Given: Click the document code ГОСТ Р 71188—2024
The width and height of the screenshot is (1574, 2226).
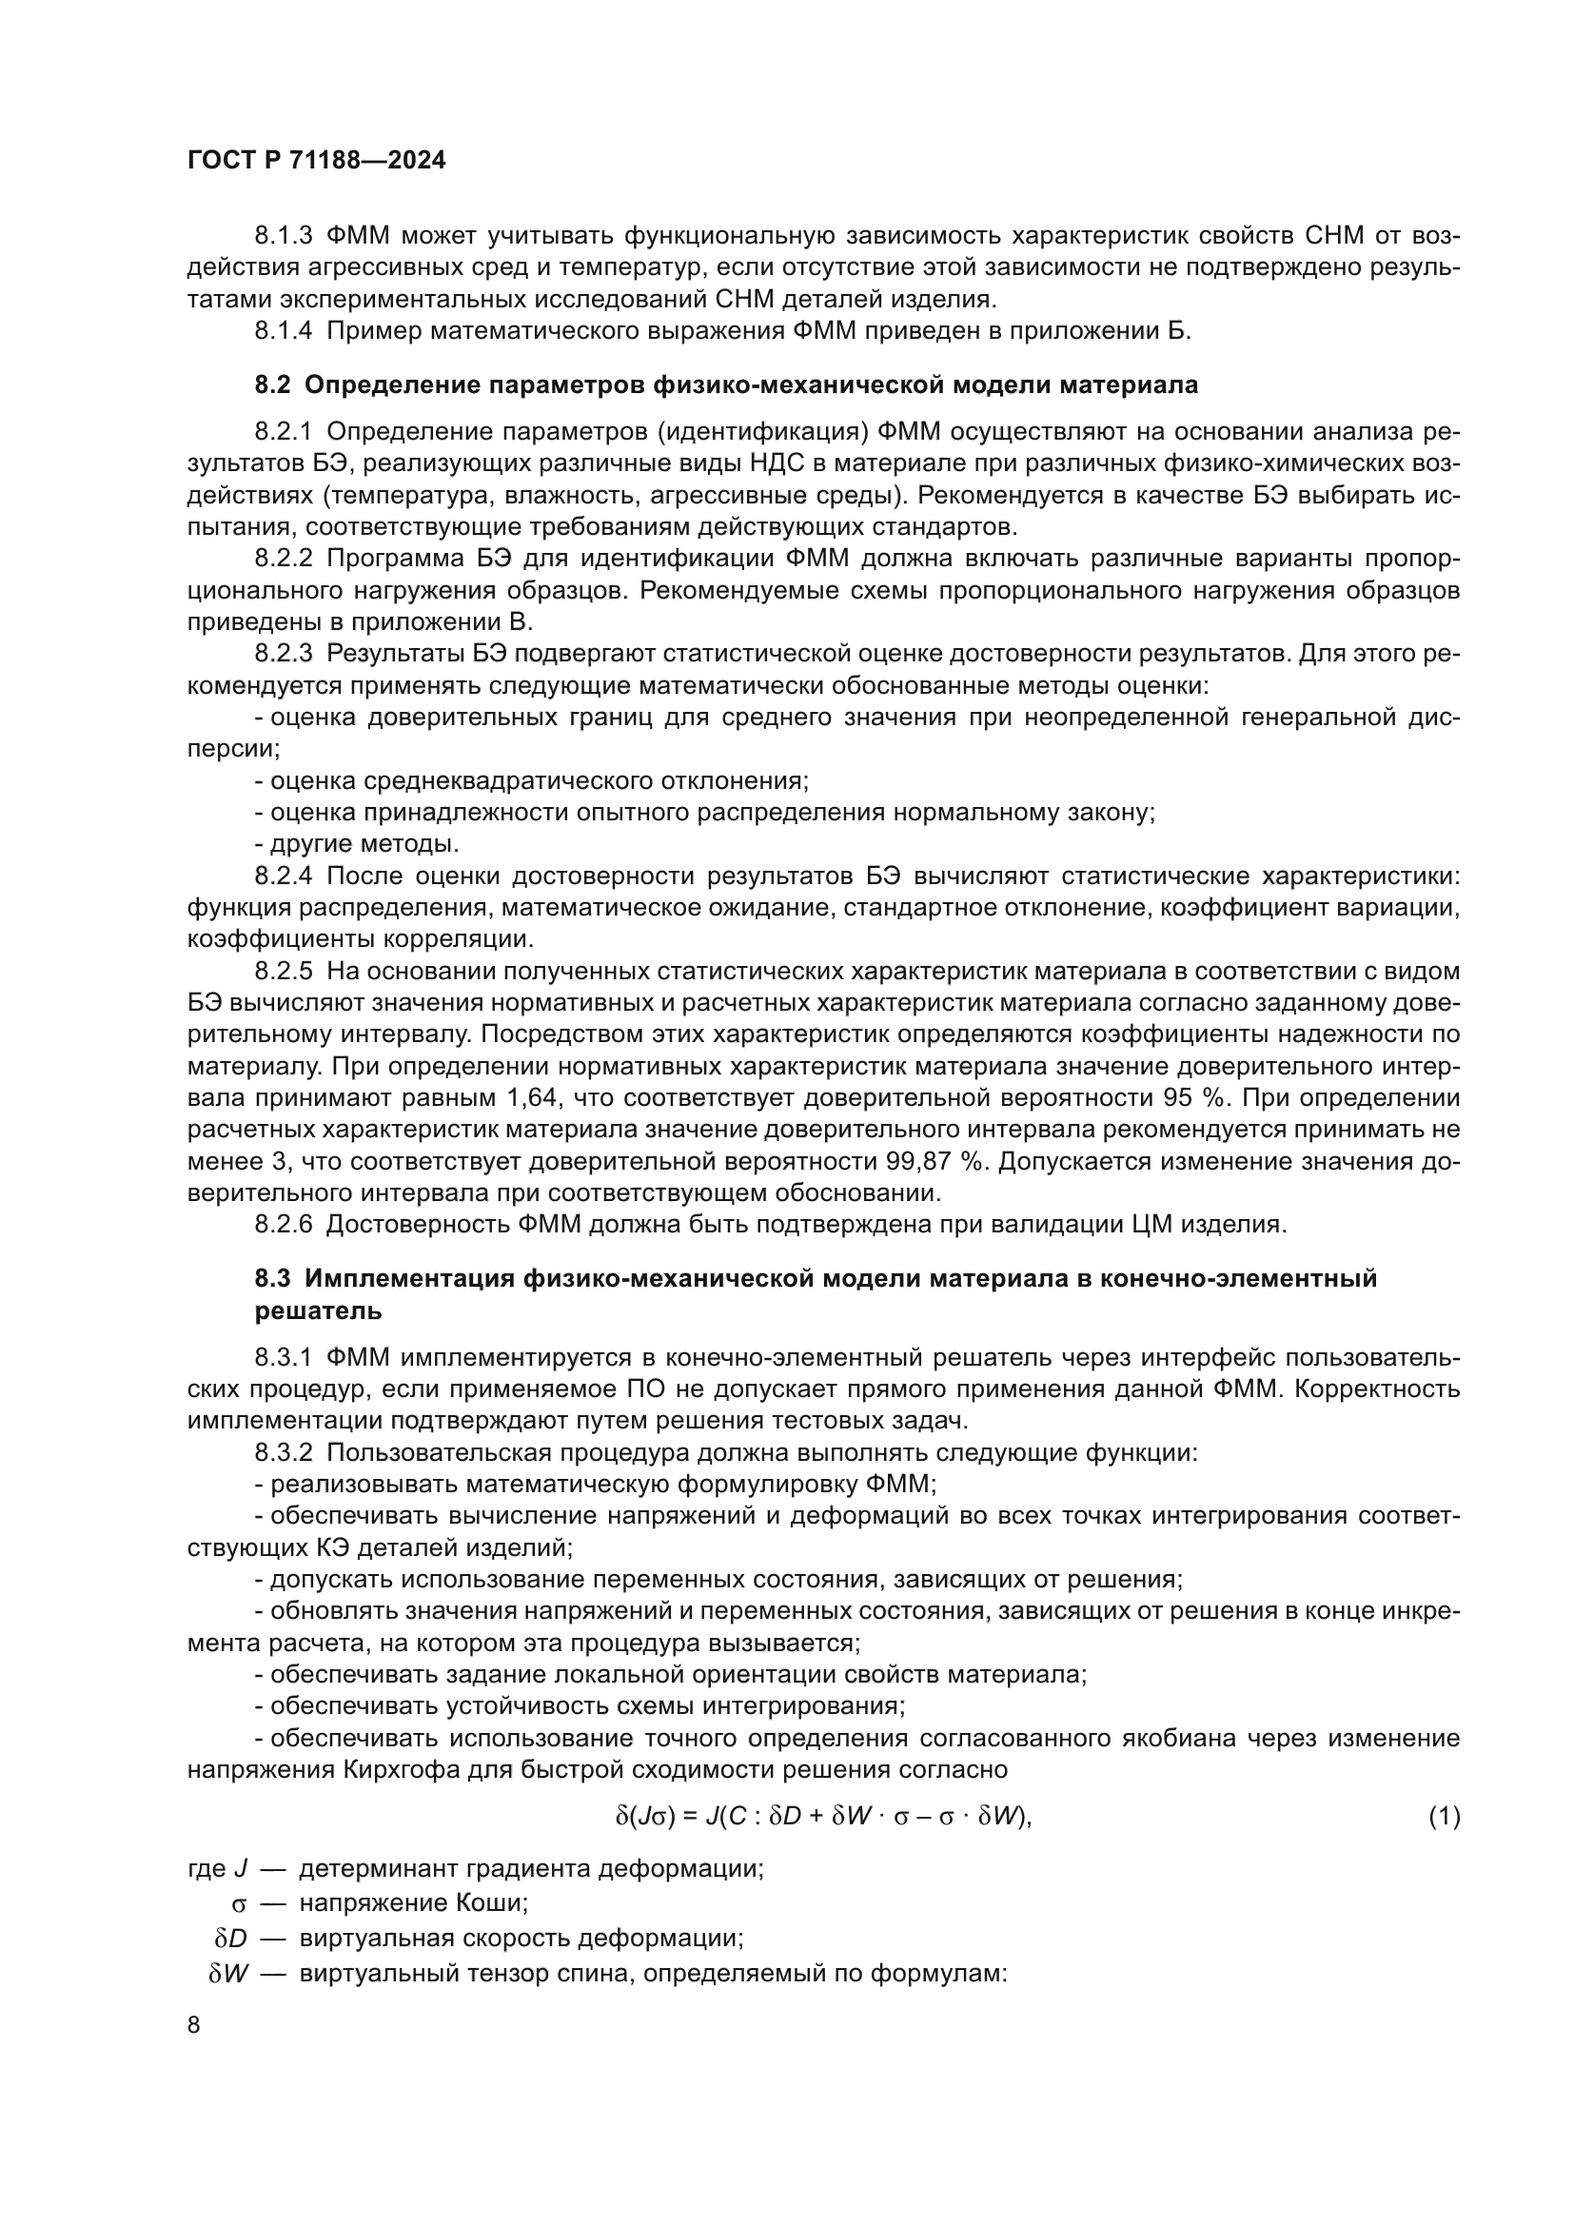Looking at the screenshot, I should (316, 161).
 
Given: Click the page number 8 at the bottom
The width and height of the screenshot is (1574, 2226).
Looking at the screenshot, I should (194, 2024).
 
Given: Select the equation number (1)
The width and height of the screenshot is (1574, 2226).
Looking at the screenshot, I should (1444, 1816).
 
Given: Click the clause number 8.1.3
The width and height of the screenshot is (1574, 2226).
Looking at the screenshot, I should (283, 236).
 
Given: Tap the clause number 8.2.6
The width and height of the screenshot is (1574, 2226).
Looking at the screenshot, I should (283, 1224).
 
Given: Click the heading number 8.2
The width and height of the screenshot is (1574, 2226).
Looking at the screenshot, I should (272, 384).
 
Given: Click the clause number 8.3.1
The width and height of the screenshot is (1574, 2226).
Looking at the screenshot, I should (283, 1358).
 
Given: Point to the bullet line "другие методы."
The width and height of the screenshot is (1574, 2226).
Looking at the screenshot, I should (357, 842).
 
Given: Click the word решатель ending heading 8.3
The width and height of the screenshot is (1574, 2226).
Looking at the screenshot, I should (318, 1310).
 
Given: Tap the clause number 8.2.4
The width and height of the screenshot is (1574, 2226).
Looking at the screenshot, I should (283, 876).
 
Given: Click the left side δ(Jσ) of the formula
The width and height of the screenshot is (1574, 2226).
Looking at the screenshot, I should (644, 1816).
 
